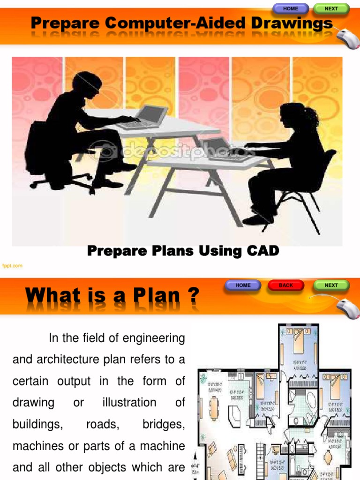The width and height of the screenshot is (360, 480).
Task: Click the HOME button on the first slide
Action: (x=291, y=8)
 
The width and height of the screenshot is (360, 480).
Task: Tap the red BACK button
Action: (x=285, y=285)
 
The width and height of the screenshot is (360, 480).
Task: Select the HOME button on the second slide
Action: (x=243, y=285)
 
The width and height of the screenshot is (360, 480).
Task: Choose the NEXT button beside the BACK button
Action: (x=331, y=285)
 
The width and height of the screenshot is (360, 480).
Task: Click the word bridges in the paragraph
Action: (x=164, y=424)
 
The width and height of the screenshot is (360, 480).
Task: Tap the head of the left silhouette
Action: (x=87, y=83)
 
